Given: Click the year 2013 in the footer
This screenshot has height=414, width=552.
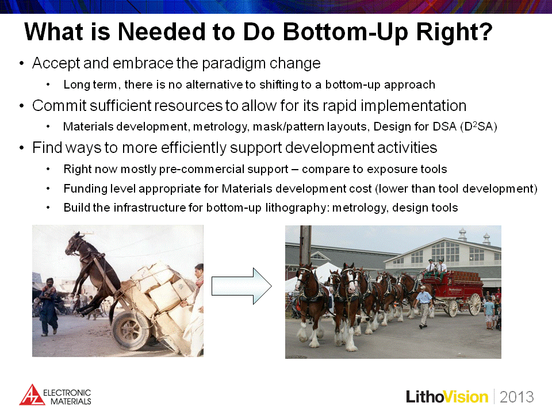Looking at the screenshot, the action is pyautogui.click(x=517, y=397).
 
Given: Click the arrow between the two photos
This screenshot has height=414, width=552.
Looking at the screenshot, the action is pyautogui.click(x=241, y=286).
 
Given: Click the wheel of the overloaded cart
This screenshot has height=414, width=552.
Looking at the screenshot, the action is pyautogui.click(x=130, y=329).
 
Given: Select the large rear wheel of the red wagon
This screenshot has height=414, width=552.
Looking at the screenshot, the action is pyautogui.click(x=474, y=304).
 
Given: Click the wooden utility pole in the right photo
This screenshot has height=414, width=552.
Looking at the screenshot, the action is pyautogui.click(x=305, y=245).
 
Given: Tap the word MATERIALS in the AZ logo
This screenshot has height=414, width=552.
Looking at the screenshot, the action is pyautogui.click(x=71, y=401).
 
